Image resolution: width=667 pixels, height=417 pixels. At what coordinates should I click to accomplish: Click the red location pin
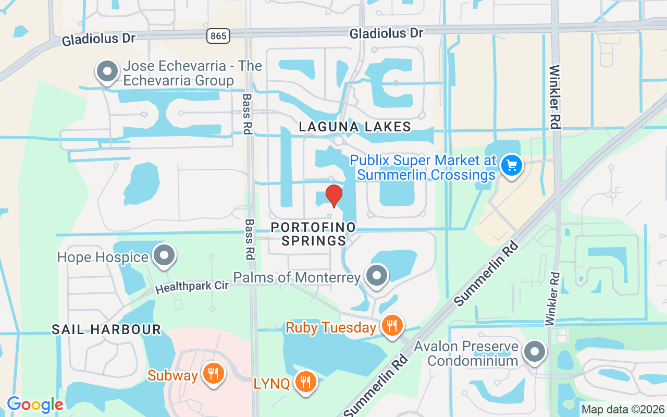pos(334,195)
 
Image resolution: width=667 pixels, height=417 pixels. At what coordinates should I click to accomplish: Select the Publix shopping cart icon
pos(512,165)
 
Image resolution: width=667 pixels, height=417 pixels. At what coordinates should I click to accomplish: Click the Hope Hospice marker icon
pos(165,255)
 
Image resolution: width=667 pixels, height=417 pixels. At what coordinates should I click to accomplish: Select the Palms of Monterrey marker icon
pos(377,276)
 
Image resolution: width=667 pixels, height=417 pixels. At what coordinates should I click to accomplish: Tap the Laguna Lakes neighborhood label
pos(355,127)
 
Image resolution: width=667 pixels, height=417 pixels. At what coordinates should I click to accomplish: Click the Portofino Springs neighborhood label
pos(314,234)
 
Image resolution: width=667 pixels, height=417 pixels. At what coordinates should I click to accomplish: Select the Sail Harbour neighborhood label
pos(106,329)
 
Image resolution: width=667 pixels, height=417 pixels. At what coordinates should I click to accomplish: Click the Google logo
pos(35,404)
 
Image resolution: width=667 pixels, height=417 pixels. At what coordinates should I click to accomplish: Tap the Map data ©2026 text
pos(623,409)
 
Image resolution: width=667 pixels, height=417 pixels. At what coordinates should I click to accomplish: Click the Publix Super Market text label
pos(423,167)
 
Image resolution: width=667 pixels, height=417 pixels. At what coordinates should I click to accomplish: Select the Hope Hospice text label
pos(103,257)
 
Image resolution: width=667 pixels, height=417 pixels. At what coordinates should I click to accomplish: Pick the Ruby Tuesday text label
pos(331,327)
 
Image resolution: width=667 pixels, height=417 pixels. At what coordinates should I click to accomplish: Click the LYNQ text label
pos(271,384)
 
